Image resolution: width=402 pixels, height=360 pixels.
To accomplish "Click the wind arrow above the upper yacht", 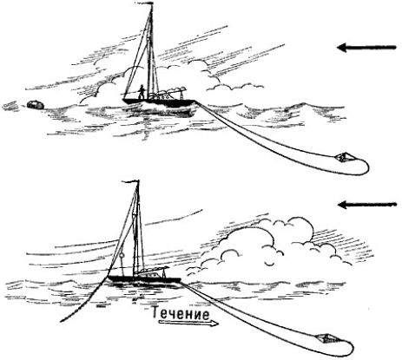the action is point(366,47).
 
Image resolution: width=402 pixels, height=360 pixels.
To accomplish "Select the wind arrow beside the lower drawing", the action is point(367,205).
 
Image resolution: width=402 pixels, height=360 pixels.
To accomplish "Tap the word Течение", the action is point(181,314).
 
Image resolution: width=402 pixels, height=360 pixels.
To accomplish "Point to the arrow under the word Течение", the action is point(188,324).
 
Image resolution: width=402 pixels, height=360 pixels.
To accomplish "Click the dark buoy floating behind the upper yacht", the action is point(36,105).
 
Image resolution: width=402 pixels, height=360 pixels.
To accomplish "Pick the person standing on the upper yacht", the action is point(142,92).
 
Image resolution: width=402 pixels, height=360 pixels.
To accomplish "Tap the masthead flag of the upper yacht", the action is point(144,3).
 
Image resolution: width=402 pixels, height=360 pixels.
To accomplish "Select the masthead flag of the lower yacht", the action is point(130,181).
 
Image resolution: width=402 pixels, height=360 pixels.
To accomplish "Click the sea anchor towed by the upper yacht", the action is point(344,158).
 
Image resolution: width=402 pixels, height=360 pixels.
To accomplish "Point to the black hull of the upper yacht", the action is point(159,102).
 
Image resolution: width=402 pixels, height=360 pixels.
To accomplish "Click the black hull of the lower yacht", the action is point(144,280).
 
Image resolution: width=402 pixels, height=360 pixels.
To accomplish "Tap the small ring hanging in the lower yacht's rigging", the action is point(122,255).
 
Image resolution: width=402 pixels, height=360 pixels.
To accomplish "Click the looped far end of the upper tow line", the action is point(366,167).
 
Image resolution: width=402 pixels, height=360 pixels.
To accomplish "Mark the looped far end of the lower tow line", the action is point(349,348).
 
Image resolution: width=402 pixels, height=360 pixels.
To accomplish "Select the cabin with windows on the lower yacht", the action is point(152,274).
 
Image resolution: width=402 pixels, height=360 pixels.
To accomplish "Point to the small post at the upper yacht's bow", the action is point(181,95).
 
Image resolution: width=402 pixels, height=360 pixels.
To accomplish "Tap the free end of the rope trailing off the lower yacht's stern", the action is point(61,321).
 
